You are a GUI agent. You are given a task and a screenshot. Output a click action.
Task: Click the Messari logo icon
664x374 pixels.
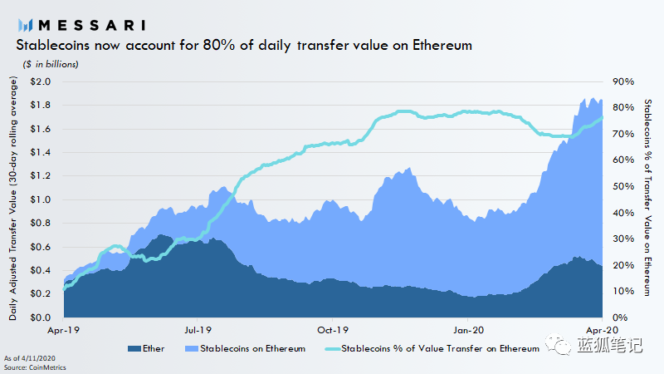point(24,24)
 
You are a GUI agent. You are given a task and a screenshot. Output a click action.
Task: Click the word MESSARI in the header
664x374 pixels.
point(89,23)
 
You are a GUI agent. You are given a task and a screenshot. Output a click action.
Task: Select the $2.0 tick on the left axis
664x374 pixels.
point(39,81)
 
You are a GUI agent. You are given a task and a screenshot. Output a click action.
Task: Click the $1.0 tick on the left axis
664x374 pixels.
point(39,199)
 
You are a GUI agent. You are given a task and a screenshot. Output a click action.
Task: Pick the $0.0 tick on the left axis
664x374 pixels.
point(39,317)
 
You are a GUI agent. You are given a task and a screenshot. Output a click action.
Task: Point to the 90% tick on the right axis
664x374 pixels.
point(624,81)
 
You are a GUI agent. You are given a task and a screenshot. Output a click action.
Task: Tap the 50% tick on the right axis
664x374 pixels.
point(624,186)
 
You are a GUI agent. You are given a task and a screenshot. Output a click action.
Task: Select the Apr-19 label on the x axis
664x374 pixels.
point(63,329)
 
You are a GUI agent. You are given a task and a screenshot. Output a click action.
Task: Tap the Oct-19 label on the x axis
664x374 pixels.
point(332,329)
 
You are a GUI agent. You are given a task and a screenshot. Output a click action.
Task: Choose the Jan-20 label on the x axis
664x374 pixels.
point(467,329)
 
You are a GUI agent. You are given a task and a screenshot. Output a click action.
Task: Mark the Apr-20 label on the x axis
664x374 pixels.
point(603,329)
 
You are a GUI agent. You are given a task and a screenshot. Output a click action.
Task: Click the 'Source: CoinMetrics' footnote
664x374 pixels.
point(37,367)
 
